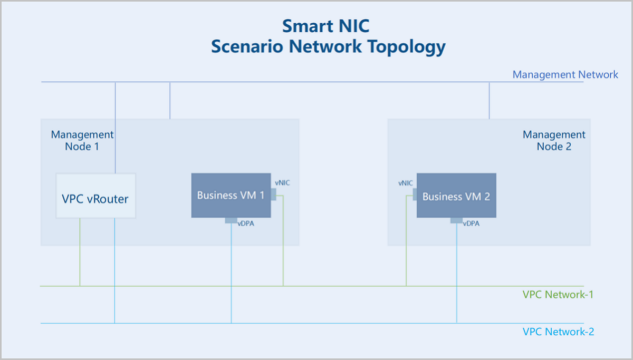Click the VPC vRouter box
click(x=96, y=196)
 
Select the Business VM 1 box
click(x=231, y=196)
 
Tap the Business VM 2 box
click(x=456, y=196)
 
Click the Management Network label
click(x=565, y=74)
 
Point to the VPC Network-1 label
click(x=558, y=295)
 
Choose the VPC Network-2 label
click(x=559, y=332)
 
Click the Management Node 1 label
click(x=82, y=141)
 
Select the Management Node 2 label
click(x=554, y=141)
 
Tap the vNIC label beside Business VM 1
click(x=282, y=183)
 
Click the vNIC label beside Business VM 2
click(x=406, y=183)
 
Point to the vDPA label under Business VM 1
click(x=246, y=223)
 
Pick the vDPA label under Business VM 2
click(x=471, y=223)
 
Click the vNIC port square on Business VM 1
click(x=273, y=194)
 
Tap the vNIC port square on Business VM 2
click(x=415, y=194)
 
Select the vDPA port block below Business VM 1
click(x=231, y=220)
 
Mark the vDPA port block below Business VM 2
click(x=456, y=220)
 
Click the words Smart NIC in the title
click(x=326, y=26)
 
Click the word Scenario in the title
click(x=247, y=46)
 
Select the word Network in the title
click(x=325, y=46)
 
